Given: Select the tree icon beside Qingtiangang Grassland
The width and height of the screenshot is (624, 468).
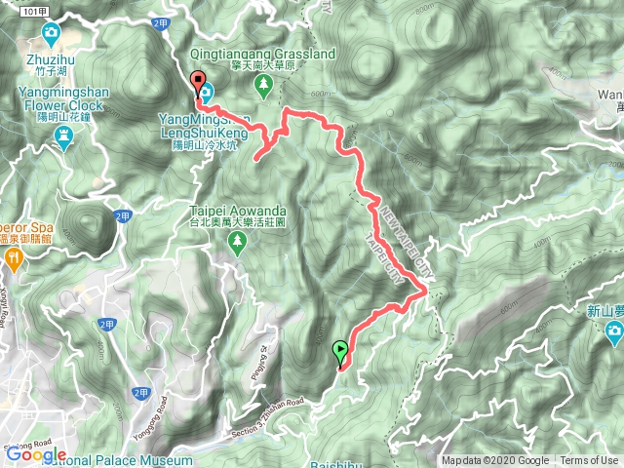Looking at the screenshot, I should pos(264,85).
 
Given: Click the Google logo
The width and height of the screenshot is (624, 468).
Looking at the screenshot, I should pos(35,454).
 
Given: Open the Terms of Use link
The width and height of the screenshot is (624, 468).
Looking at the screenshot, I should pos(589,461).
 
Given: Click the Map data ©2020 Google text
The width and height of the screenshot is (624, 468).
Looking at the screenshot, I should pos(495,461).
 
